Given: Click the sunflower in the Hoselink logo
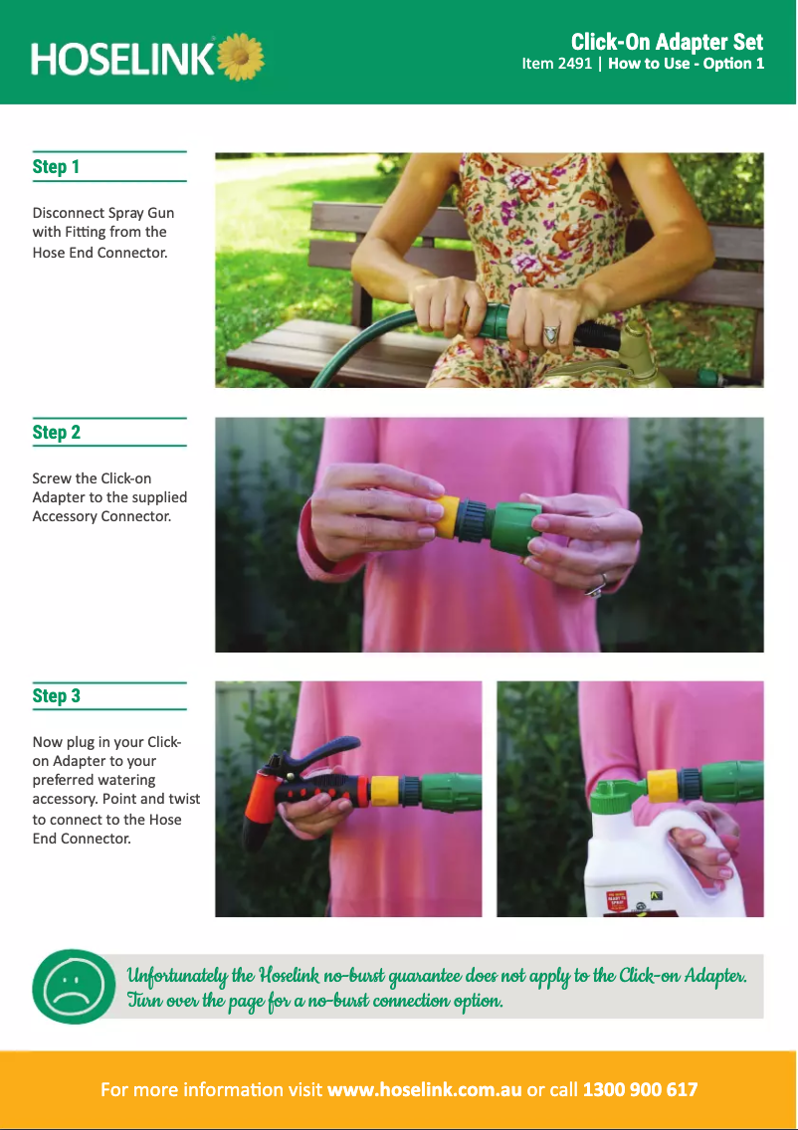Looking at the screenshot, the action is click(240, 57).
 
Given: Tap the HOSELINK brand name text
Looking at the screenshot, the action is click(122, 59).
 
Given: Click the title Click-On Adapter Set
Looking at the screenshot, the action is click(667, 42).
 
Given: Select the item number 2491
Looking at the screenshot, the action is click(575, 64).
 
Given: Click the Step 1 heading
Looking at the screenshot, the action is click(56, 167).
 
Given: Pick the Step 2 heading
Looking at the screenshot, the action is click(57, 433).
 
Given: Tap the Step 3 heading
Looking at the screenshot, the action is click(57, 696).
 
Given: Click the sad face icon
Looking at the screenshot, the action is click(74, 986).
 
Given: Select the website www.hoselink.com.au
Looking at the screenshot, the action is click(424, 1089).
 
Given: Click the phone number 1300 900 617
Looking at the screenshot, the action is click(640, 1089).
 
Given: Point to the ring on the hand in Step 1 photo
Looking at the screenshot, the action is click(551, 333).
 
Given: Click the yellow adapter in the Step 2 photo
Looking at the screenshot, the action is click(449, 517).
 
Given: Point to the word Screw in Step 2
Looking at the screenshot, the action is click(51, 478).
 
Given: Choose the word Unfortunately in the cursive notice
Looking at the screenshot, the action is click(177, 976).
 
